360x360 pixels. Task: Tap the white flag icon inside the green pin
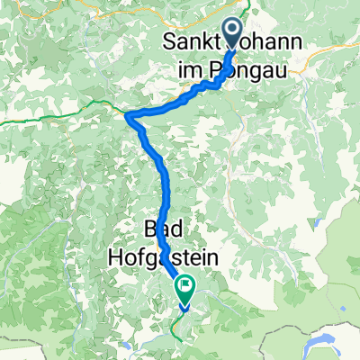(x=185, y=287)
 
